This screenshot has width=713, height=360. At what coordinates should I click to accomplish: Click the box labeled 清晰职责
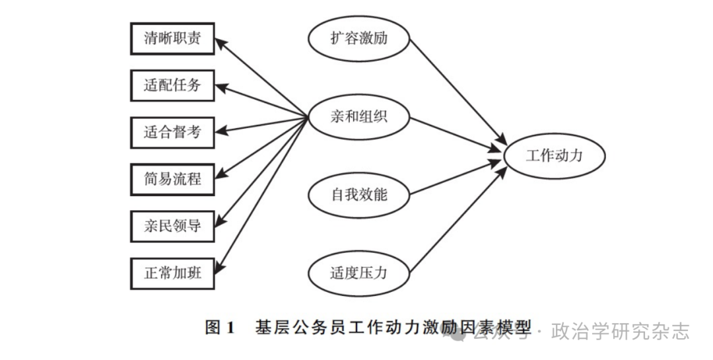coord(172,39)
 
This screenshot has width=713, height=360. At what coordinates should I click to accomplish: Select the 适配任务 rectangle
coord(172,85)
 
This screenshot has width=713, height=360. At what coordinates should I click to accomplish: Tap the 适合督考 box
coord(172,131)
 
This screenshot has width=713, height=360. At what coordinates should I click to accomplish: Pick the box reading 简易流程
coord(172,178)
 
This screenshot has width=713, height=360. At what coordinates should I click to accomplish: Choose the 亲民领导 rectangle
coord(172,225)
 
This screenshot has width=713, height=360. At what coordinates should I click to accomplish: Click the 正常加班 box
coord(172,272)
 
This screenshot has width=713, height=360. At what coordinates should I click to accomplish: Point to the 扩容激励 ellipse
coord(358,38)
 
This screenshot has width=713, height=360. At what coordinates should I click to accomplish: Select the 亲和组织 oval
coord(358,118)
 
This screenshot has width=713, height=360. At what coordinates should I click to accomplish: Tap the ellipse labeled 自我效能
coord(358,195)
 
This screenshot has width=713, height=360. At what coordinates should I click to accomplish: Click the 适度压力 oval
coord(358,272)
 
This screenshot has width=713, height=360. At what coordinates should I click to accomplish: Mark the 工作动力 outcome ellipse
coord(555,156)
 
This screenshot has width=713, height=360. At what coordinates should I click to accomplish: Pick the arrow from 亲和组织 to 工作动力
coord(456,135)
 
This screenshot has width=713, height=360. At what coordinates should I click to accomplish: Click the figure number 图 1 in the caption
coord(220,328)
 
